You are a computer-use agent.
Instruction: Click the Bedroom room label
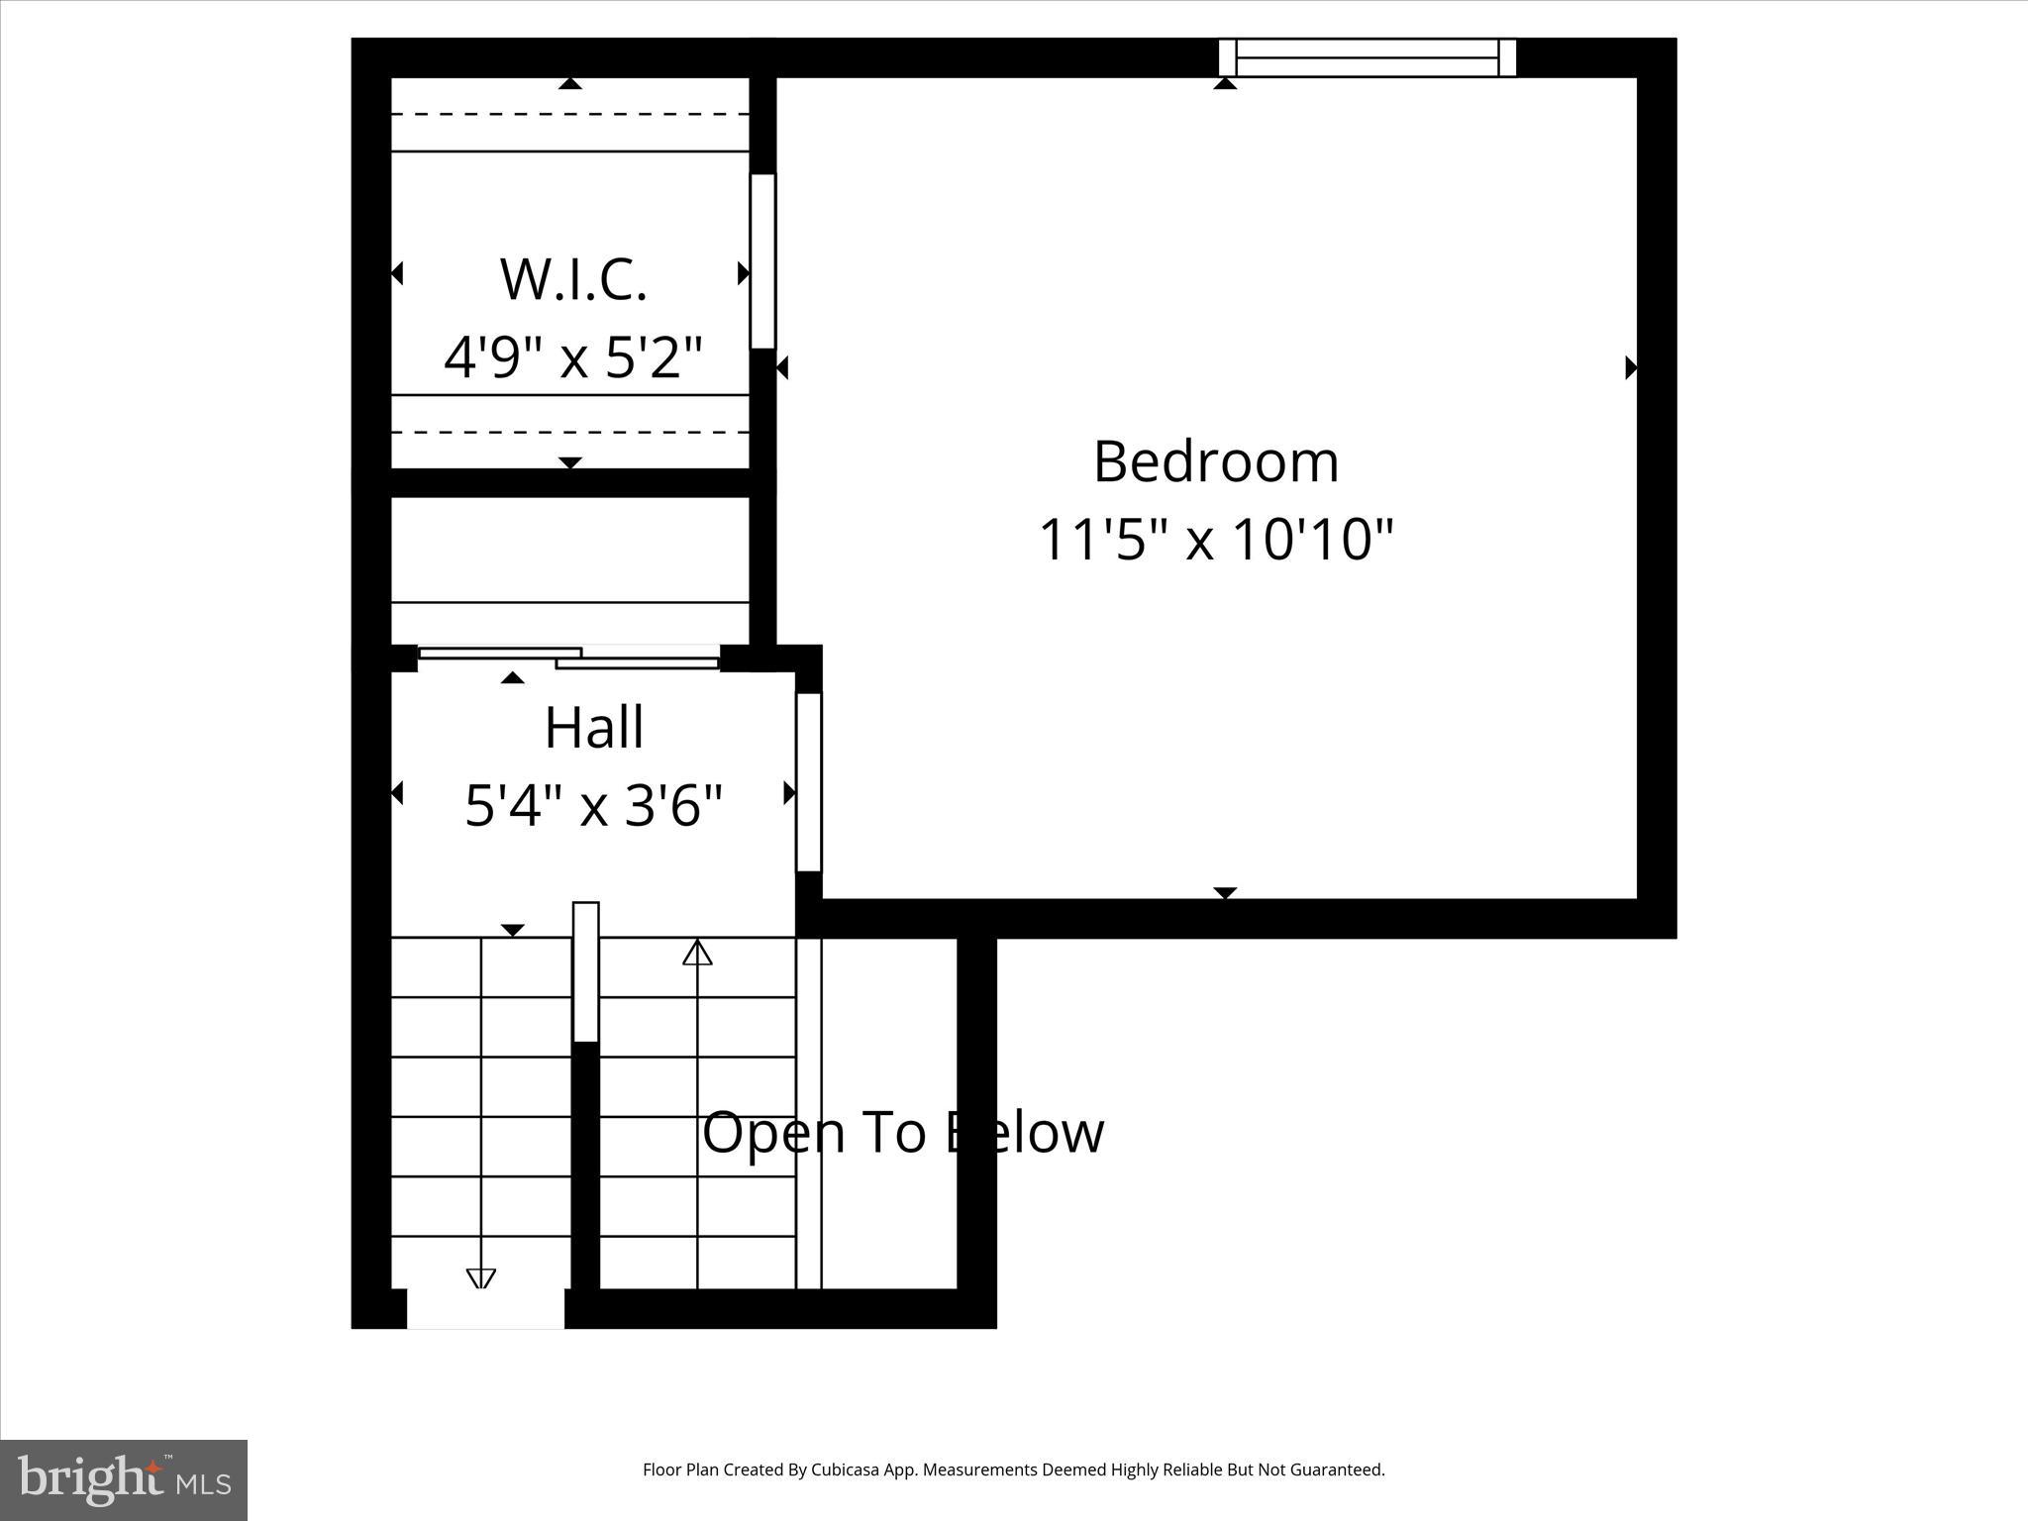pyautogui.click(x=1216, y=462)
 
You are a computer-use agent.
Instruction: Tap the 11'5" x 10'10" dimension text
pyautogui.click(x=1216, y=541)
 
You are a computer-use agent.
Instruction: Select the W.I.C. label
pyautogui.click(x=573, y=280)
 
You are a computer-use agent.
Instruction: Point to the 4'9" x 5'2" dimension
pyautogui.click(x=573, y=357)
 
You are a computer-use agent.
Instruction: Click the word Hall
pyautogui.click(x=594, y=729)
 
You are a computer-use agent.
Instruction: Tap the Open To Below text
pyautogui.click(x=903, y=1133)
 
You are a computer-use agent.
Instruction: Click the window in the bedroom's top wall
pyautogui.click(x=1367, y=57)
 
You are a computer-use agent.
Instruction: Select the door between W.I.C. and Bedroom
pyautogui.click(x=762, y=261)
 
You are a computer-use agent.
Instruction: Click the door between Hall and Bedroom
pyautogui.click(x=809, y=782)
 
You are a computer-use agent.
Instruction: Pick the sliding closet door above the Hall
pyautogui.click(x=568, y=657)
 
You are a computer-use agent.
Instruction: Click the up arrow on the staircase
pyautogui.click(x=698, y=953)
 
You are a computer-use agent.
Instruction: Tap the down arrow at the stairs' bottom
pyautogui.click(x=481, y=1278)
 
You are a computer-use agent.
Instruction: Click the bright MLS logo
pyautogui.click(x=124, y=1479)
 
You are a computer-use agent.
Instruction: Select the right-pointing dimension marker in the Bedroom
pyautogui.click(x=1630, y=368)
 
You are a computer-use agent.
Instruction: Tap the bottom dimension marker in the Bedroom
pyautogui.click(x=1226, y=892)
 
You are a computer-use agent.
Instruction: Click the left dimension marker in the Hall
pyautogui.click(x=397, y=793)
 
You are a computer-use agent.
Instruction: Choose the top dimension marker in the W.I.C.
pyautogui.click(x=569, y=84)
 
